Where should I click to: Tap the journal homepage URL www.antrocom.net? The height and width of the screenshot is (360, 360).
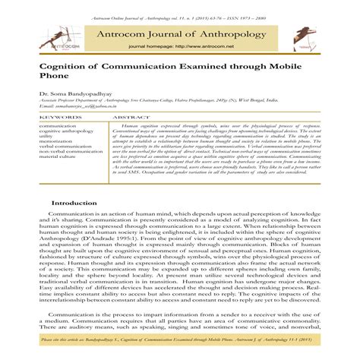[199, 46]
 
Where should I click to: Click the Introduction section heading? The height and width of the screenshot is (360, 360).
[74, 204]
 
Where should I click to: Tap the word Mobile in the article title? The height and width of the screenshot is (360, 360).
[290, 67]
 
